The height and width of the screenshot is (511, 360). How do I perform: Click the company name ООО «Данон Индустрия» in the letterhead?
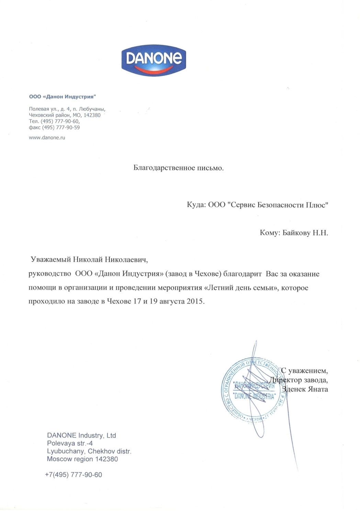click(x=62, y=97)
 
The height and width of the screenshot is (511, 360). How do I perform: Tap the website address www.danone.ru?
click(x=47, y=138)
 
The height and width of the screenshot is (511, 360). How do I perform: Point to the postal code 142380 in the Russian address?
click(x=92, y=115)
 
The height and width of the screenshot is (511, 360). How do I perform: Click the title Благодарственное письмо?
click(x=178, y=168)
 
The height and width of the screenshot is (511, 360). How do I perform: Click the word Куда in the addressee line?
click(x=196, y=205)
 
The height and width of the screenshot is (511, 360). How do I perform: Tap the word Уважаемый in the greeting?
click(x=50, y=259)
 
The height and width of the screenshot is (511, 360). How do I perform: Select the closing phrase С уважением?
click(x=304, y=371)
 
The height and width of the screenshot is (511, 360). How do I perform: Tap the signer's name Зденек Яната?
click(x=305, y=389)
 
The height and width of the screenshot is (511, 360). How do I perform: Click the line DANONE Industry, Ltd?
click(x=81, y=435)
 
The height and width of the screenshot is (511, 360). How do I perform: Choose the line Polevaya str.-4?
click(x=70, y=443)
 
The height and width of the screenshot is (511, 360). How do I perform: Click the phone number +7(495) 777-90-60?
click(x=74, y=475)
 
